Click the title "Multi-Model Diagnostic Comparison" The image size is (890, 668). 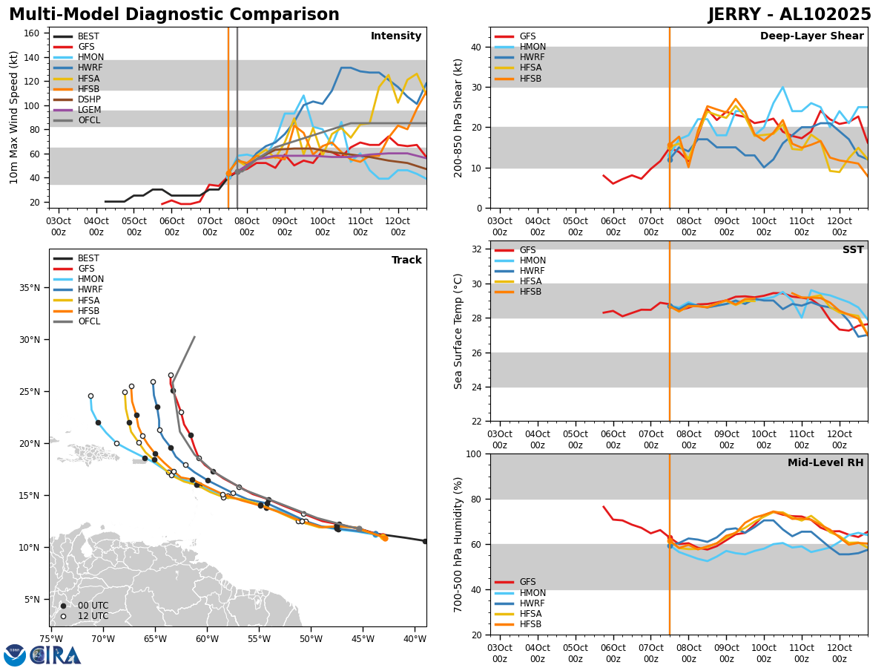point(174,15)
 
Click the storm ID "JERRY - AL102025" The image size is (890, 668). point(789,15)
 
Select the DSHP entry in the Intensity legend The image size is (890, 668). point(89,99)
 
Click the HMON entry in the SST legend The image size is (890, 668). point(533,261)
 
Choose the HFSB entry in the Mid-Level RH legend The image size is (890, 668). point(531,624)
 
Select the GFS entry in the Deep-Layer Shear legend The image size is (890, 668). point(528,36)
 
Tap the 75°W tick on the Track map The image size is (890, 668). point(51,638)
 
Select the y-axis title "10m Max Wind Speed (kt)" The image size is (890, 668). point(15,117)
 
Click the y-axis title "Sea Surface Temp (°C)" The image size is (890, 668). point(458,331)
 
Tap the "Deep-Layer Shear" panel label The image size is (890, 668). point(811,36)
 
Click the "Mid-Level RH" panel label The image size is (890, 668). point(825,463)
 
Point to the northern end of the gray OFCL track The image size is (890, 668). point(194,337)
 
